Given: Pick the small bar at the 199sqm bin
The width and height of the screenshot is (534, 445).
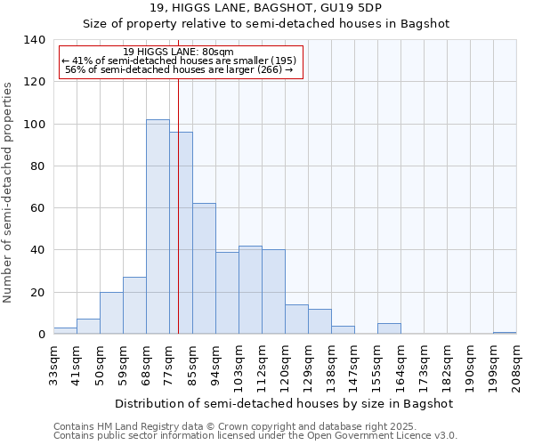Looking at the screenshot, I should point(505,333).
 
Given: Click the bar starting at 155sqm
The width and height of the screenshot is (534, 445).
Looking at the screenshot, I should point(389,328).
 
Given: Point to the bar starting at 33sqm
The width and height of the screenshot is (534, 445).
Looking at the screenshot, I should point(65,331).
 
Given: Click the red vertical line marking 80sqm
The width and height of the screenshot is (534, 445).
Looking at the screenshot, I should point(178,222).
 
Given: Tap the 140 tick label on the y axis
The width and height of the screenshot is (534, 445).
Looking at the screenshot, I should point(34,40).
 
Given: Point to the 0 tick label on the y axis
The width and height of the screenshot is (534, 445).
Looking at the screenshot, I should point(41,335).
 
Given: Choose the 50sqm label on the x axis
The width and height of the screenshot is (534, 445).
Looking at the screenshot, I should point(100,365).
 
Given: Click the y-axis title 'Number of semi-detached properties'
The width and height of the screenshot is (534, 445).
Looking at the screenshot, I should point(9,191).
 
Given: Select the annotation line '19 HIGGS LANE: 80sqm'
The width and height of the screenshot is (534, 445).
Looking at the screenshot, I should point(178,53).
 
